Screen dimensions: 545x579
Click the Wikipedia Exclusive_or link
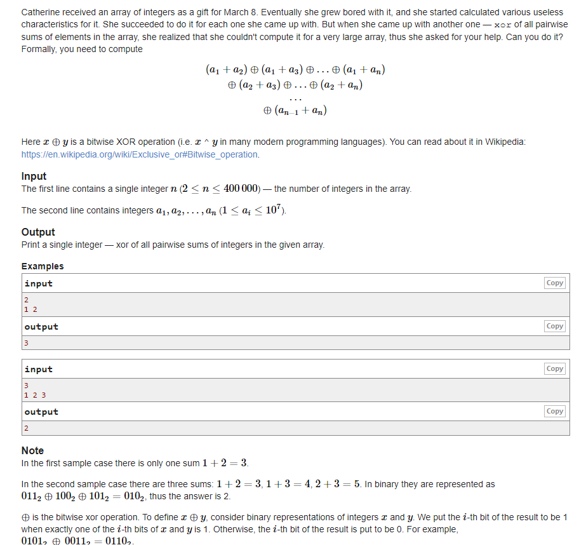point(140,154)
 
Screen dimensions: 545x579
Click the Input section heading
point(34,176)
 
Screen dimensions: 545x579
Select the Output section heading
point(38,232)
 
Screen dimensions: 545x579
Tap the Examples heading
point(43,266)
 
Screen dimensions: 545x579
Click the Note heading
point(32,450)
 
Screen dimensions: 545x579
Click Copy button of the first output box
point(554,326)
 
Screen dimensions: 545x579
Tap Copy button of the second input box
point(554,368)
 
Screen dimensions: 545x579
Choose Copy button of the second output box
point(554,411)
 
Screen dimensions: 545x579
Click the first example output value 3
point(27,342)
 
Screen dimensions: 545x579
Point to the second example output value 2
point(27,428)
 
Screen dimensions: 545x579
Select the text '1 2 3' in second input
point(35,394)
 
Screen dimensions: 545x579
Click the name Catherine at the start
point(41,13)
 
